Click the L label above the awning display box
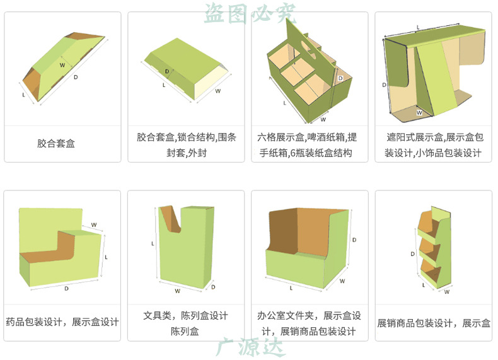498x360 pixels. point(418,27)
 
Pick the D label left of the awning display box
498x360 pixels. point(384,83)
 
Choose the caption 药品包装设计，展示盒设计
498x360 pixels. point(62,322)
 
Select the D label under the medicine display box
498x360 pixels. point(66,288)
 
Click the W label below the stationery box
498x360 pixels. point(178,291)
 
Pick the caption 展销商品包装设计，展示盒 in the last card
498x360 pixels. point(433,323)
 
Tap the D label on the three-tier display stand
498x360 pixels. point(412,253)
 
